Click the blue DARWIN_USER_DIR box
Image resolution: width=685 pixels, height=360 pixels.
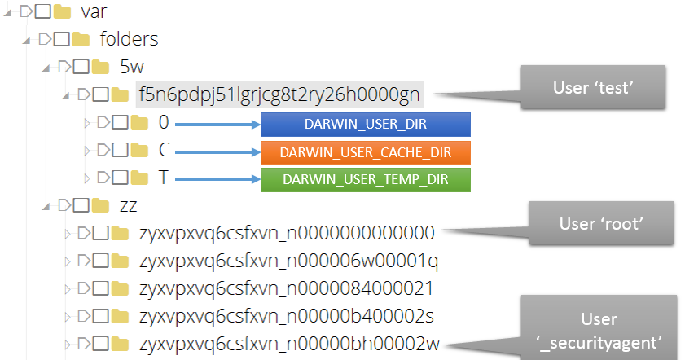pos(366,125)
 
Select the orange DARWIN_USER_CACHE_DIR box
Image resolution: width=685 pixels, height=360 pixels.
pos(366,151)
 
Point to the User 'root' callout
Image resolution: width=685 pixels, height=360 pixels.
pos(601,222)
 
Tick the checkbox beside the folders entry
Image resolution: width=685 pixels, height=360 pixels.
pos(63,39)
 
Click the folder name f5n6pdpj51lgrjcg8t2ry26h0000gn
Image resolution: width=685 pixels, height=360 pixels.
pos(279,94)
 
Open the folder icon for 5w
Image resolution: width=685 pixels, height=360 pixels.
pos(101,67)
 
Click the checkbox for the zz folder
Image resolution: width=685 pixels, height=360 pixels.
pos(81,205)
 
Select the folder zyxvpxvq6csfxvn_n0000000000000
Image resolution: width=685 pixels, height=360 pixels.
pos(287,234)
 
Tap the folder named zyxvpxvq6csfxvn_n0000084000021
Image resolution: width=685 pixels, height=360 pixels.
pos(286,289)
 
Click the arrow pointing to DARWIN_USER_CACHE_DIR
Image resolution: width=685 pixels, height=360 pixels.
pos(216,151)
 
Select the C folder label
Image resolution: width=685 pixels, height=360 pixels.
pos(165,151)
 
